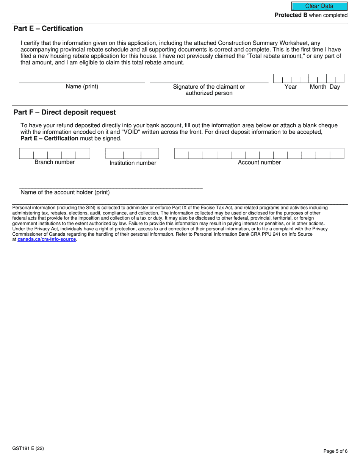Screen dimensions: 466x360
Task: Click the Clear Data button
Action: point(319,6)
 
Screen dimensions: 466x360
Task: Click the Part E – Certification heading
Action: point(48,29)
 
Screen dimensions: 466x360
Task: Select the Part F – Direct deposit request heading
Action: point(65,113)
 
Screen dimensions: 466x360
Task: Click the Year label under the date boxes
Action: point(291,87)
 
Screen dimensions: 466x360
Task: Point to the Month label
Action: point(318,87)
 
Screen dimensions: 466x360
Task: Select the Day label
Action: point(335,87)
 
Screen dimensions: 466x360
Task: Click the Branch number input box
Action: point(55,153)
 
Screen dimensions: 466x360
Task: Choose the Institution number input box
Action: point(132,153)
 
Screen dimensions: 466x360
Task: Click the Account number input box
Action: point(259,153)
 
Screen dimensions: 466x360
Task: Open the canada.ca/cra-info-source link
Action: point(47,239)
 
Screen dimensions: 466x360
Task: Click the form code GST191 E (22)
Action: point(28,449)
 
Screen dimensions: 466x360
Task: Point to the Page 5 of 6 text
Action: point(335,451)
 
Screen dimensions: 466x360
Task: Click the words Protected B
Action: point(291,15)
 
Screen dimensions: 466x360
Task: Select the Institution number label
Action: point(133,163)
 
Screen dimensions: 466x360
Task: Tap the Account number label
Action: point(259,163)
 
